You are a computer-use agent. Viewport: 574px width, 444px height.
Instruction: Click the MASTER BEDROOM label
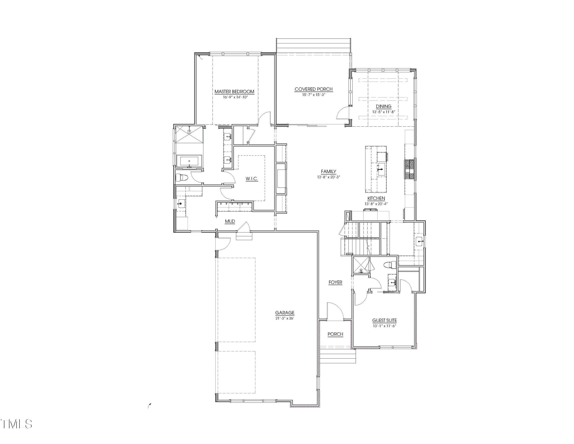(x=235, y=92)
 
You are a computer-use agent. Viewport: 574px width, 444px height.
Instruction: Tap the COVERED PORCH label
(x=313, y=89)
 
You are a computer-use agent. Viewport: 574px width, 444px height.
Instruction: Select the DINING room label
(x=383, y=106)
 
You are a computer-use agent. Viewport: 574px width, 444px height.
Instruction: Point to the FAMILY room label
(x=328, y=171)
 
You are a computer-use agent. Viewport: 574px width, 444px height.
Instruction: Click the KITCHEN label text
(x=376, y=198)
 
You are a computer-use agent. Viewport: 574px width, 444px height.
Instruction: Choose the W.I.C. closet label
(x=252, y=179)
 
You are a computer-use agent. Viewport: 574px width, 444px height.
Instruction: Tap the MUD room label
(x=230, y=221)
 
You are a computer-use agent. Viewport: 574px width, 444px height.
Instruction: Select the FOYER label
(x=335, y=282)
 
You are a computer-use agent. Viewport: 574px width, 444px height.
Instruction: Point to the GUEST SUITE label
(x=385, y=320)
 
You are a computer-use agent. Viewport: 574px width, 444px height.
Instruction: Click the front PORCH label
(x=335, y=334)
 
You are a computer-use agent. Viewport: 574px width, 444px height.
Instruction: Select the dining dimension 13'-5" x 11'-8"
(x=384, y=112)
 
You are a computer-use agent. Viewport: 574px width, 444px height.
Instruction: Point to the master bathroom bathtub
(x=189, y=161)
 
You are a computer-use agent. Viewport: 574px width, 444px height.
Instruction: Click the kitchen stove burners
(x=409, y=169)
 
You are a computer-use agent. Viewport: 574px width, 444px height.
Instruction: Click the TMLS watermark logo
(x=16, y=424)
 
